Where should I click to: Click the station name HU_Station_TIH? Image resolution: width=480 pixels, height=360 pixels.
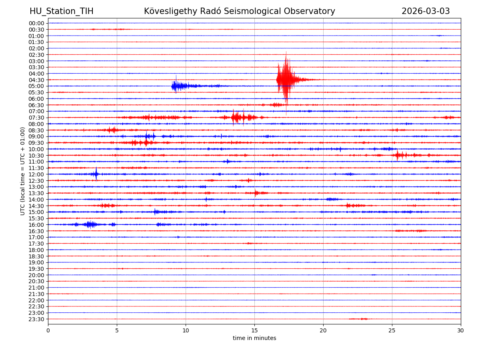pos(61,11)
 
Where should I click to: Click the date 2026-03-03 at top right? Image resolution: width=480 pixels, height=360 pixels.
pos(426,11)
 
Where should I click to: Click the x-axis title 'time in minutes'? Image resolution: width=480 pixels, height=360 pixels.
pos(254,338)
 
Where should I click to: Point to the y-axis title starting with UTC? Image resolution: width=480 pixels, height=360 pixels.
pos(23,171)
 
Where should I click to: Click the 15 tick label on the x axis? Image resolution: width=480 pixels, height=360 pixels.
pos(254,330)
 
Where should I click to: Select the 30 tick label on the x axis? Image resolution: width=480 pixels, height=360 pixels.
pos(461,330)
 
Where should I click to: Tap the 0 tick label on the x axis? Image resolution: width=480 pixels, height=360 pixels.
pos(48,330)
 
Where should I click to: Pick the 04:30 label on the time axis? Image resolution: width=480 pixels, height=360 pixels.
pos(36,80)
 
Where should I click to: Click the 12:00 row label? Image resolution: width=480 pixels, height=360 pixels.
pos(36,174)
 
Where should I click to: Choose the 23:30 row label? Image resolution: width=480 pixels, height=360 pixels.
pos(36,319)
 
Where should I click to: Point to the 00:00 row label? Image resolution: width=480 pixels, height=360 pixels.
pos(36,23)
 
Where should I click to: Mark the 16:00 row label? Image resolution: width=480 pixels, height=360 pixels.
pos(36,224)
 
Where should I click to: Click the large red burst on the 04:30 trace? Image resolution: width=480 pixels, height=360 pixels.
pos(286,80)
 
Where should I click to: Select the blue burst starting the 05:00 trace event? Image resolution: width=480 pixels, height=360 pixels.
pos(176,86)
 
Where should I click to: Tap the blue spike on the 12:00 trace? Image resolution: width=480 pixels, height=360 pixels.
pos(96,174)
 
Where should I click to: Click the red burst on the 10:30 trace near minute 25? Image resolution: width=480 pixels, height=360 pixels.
pos(398,155)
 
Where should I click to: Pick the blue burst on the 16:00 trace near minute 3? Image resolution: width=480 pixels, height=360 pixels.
pos(90,224)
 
